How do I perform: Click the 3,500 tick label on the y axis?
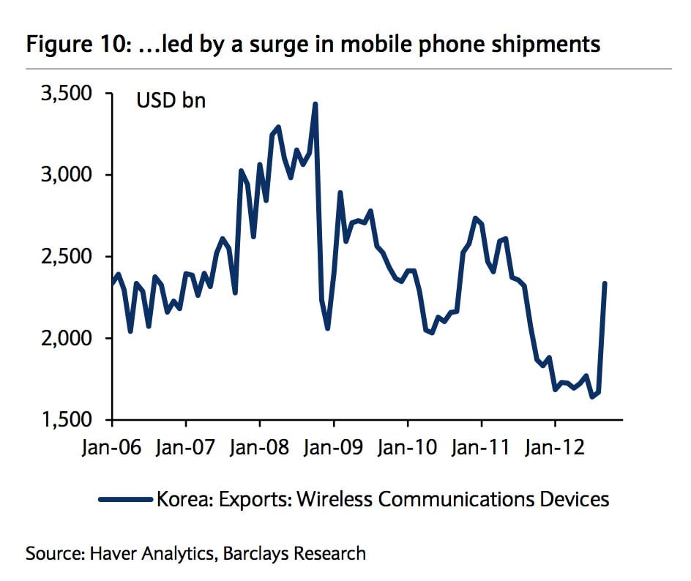click(67, 94)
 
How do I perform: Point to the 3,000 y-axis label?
click(67, 175)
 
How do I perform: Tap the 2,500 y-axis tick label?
click(67, 256)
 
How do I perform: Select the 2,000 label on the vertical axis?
click(67, 338)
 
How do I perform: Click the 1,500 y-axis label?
click(67, 419)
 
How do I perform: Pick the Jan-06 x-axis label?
click(111, 447)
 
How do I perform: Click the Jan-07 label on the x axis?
click(185, 447)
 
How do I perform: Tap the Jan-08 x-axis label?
click(260, 447)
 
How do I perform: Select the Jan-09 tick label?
click(334, 447)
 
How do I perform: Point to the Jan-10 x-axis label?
click(407, 447)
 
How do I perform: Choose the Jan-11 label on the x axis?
click(481, 447)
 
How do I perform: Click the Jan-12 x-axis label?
click(555, 447)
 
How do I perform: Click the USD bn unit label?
click(171, 100)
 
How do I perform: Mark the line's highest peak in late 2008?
click(315, 105)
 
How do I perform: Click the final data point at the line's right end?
click(605, 284)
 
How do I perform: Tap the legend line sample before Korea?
click(126, 499)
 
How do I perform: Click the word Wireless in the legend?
click(335, 499)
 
